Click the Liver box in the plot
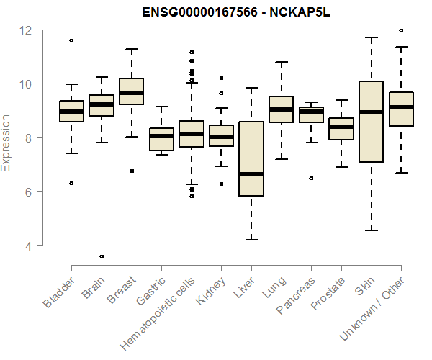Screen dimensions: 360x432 coord(251,158)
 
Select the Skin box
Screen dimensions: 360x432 coord(371,122)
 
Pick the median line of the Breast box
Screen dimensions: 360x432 coord(131,93)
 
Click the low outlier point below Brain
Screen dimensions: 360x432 coord(102,256)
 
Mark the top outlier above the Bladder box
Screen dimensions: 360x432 coord(71,40)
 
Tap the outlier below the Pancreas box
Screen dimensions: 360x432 coord(311,178)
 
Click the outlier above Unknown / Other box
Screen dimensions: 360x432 coord(401,31)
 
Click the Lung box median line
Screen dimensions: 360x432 coord(281,109)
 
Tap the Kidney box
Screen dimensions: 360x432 coord(221,135)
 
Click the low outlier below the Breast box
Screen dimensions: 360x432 coord(131,171)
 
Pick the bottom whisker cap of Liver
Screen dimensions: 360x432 coord(251,239)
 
